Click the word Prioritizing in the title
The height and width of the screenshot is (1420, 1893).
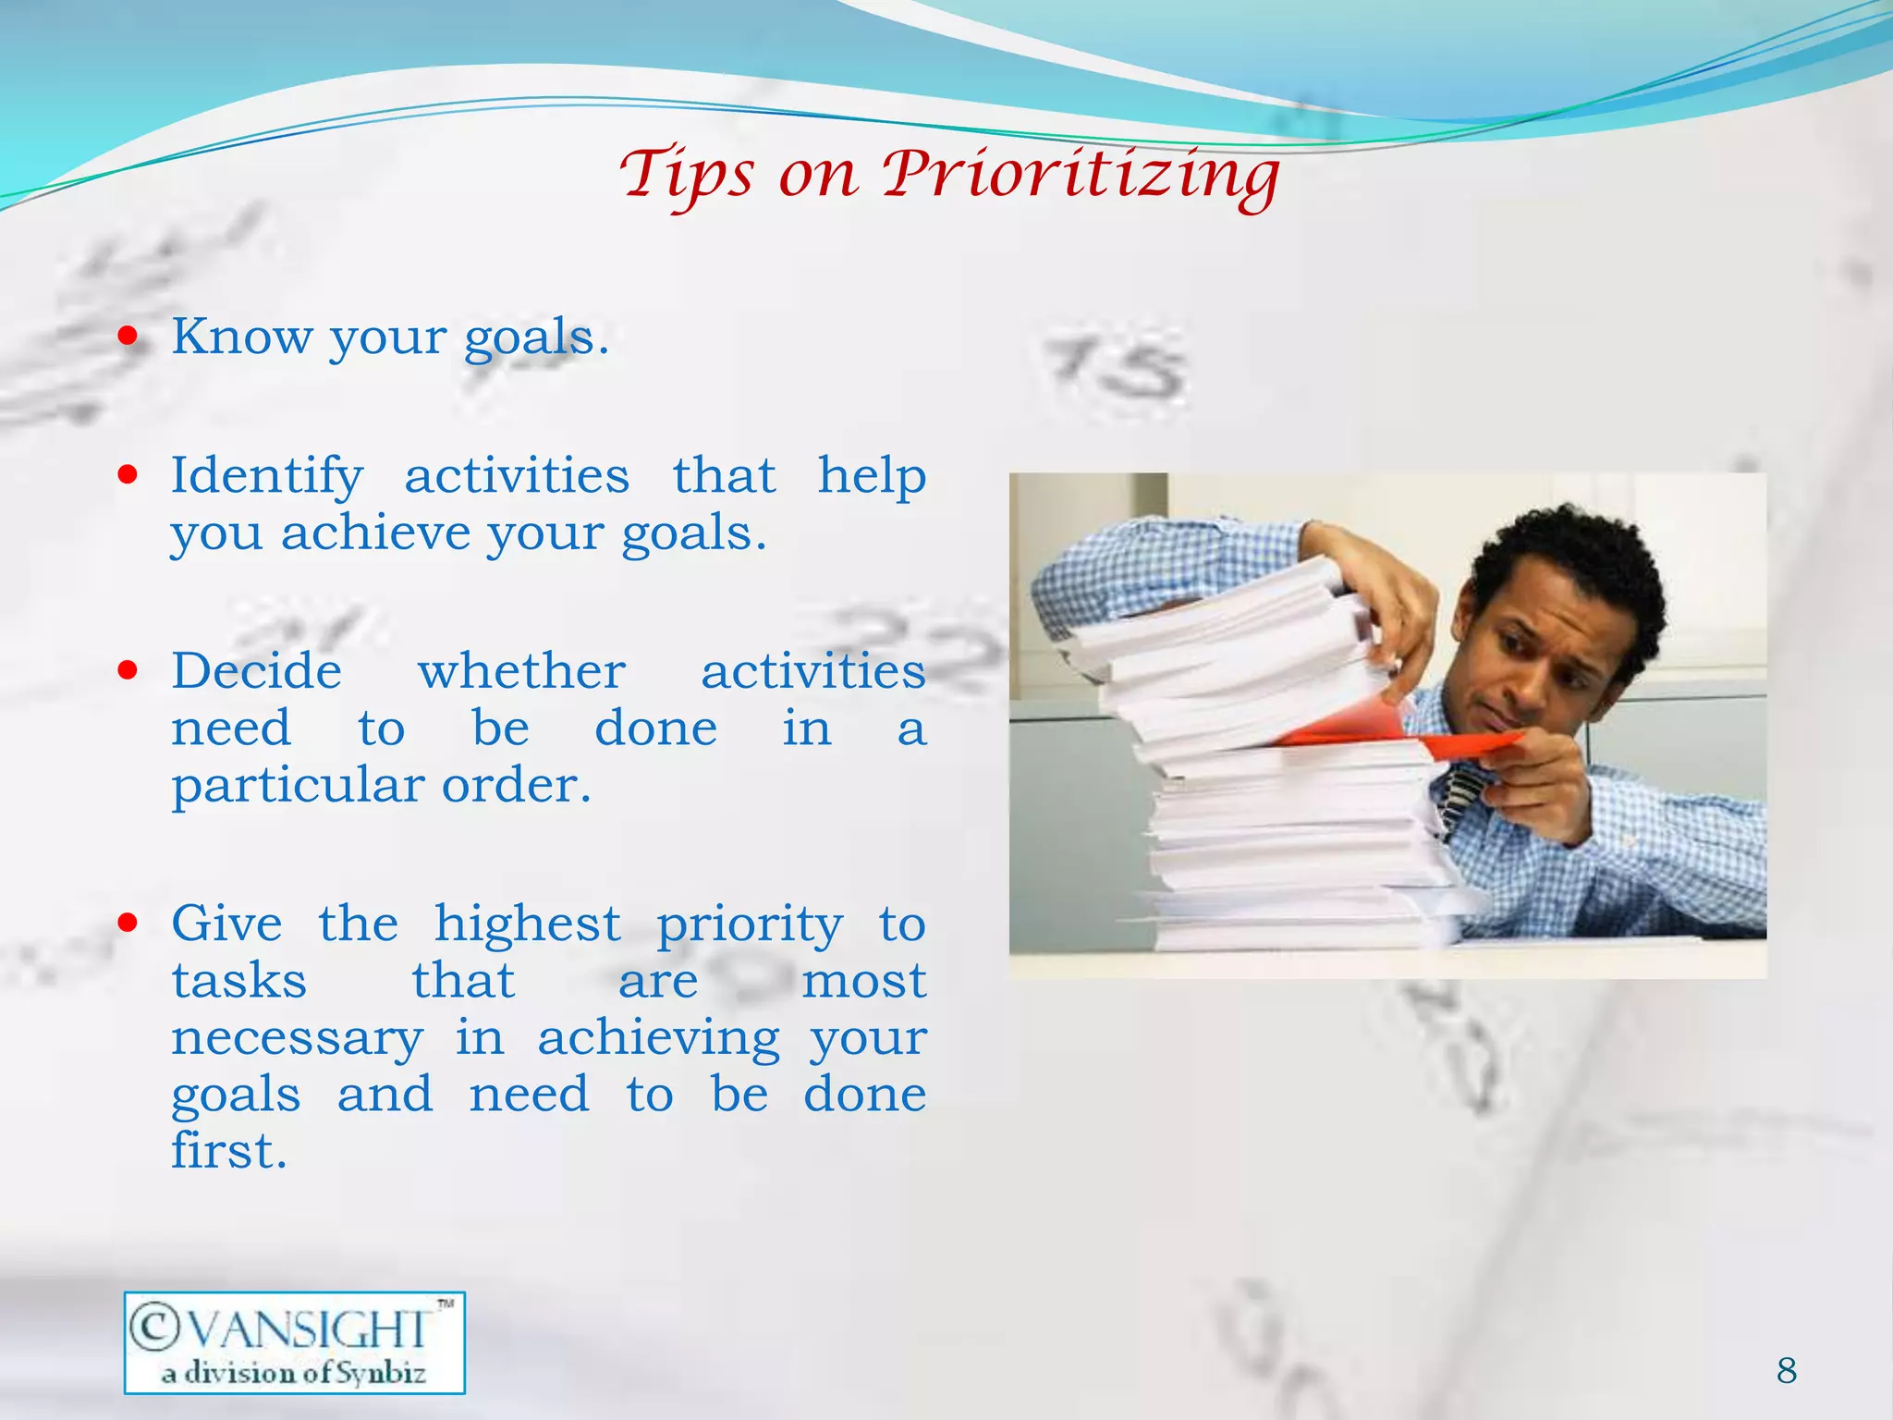click(1080, 176)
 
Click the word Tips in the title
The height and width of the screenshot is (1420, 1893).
click(686, 176)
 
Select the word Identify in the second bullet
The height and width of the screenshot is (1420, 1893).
click(267, 477)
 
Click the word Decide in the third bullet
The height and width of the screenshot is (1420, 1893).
click(257, 671)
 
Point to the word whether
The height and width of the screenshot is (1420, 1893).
click(521, 671)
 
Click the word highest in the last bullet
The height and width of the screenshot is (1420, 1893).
click(527, 924)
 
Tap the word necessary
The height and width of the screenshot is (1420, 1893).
click(297, 1038)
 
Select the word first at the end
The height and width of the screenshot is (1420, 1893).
click(228, 1152)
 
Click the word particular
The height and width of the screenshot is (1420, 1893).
click(297, 787)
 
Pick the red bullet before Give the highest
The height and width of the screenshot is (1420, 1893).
click(128, 922)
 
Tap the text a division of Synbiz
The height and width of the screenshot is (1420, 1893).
click(294, 1373)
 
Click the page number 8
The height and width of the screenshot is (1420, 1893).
click(1786, 1370)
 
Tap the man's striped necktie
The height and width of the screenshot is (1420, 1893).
click(1463, 796)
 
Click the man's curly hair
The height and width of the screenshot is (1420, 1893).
click(1571, 555)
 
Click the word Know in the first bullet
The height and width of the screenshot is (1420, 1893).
click(242, 337)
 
